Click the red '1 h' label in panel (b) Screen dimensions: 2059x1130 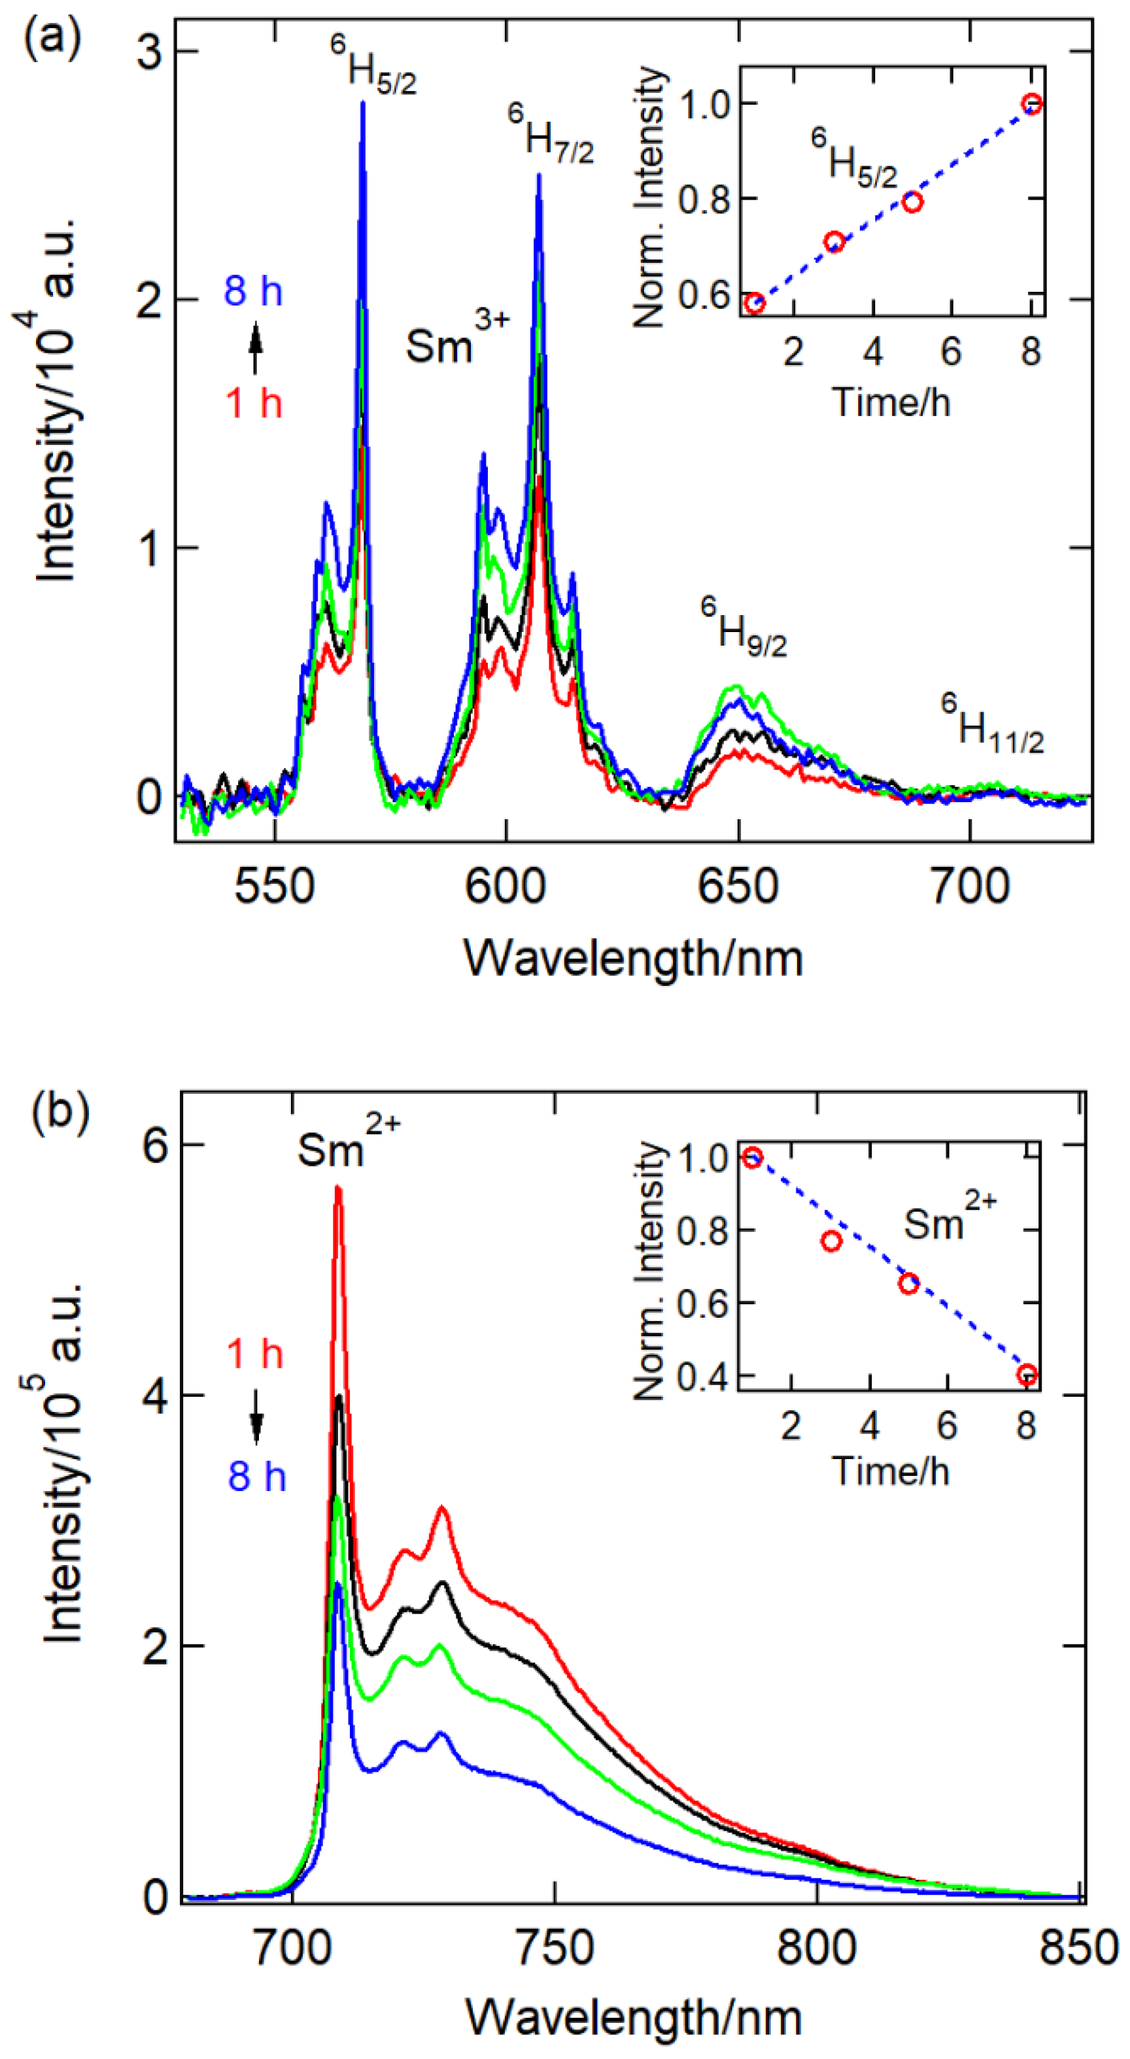coord(255,1354)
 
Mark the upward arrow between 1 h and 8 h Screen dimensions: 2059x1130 coord(255,347)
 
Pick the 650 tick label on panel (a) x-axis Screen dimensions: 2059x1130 coord(738,887)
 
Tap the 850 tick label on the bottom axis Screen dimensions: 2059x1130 coord(1078,1948)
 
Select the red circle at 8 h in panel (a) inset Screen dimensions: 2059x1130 coord(1032,104)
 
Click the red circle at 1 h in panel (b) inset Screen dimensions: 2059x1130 coord(752,1157)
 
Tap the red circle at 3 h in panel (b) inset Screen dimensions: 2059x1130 coord(831,1241)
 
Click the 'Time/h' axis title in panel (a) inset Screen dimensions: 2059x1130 coord(892,401)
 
